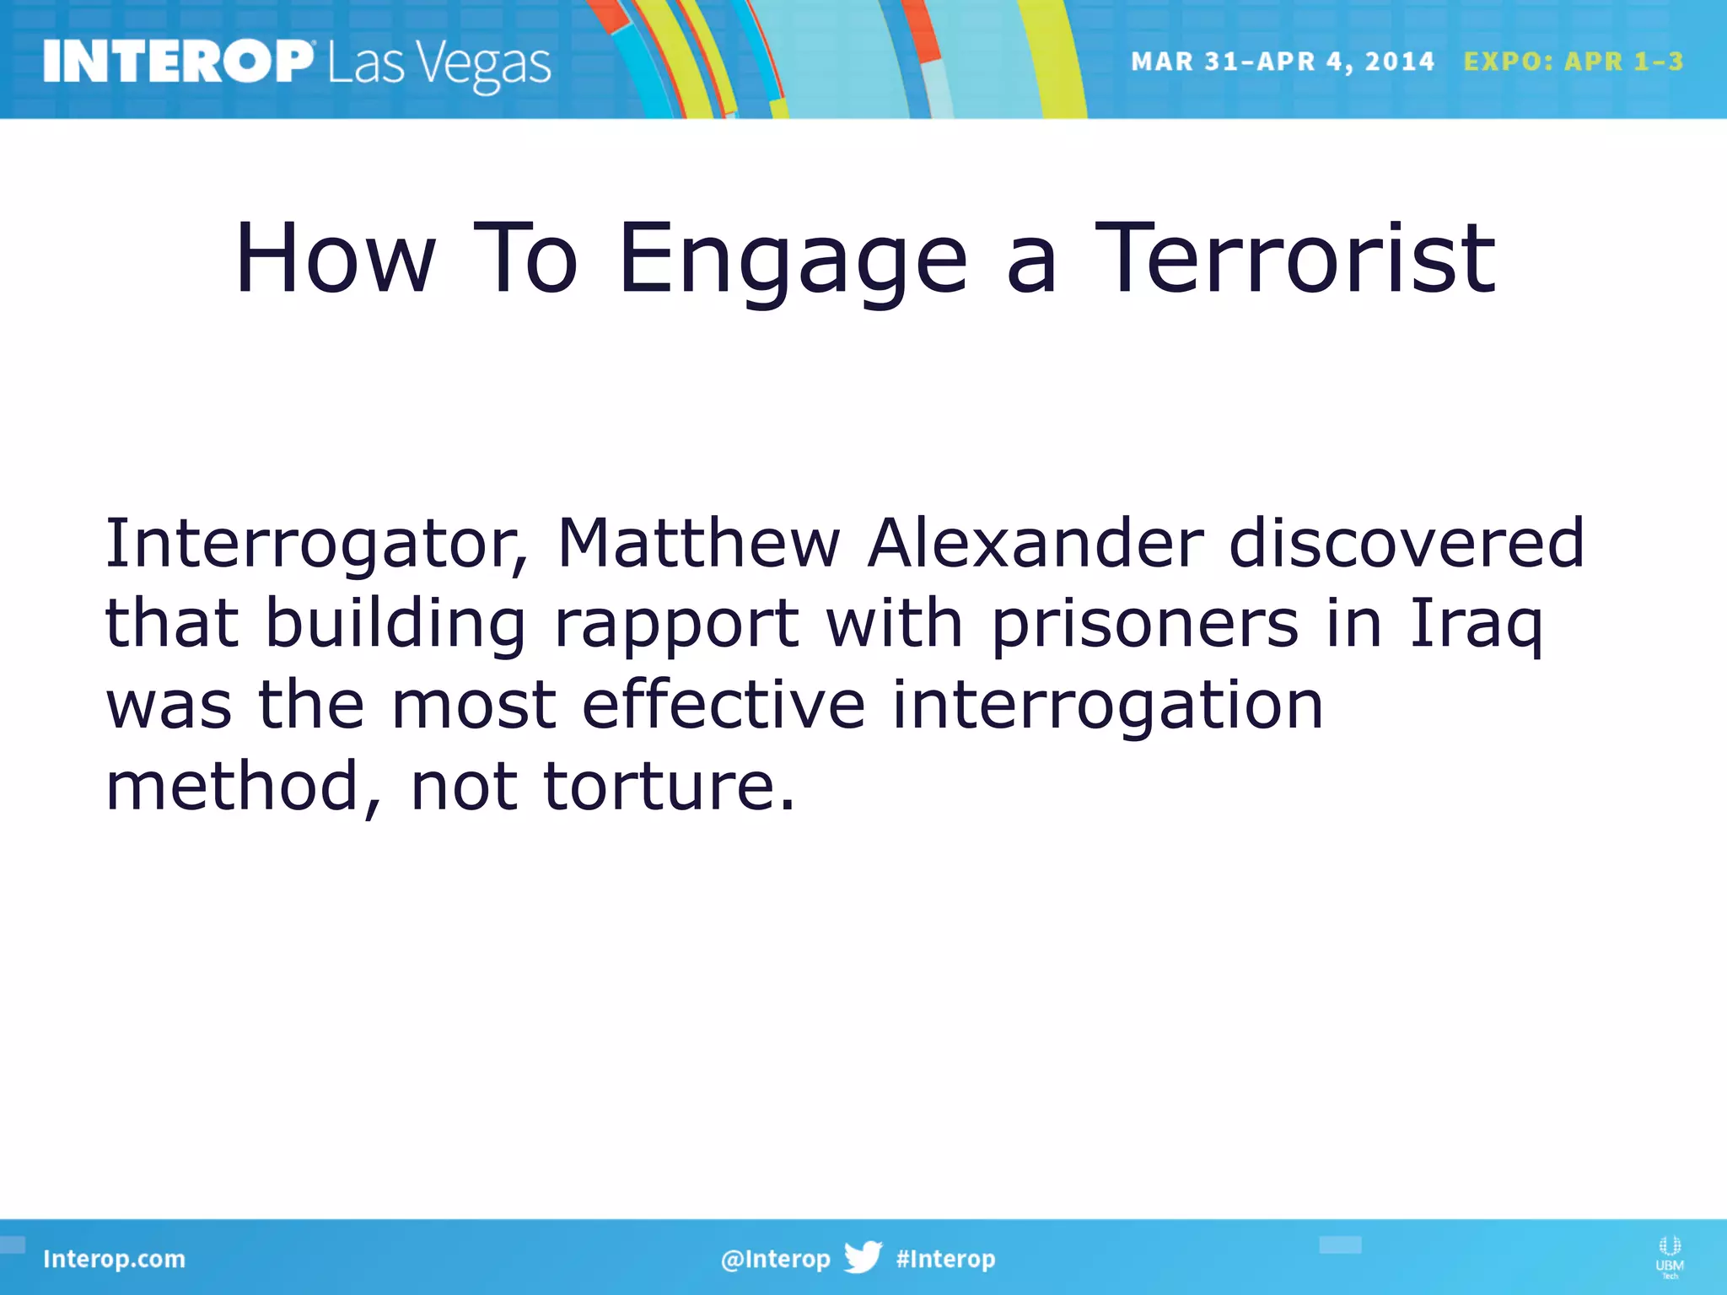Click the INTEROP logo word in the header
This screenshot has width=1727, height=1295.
pyautogui.click(x=177, y=62)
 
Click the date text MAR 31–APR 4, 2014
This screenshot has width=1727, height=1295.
pyautogui.click(x=1282, y=62)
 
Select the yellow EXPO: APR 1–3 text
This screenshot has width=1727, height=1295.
pyautogui.click(x=1573, y=62)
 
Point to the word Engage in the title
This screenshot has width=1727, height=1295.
pyautogui.click(x=793, y=261)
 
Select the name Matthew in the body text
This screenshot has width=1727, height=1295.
pyautogui.click(x=698, y=544)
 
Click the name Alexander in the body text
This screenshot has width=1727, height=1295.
pyautogui.click(x=1036, y=544)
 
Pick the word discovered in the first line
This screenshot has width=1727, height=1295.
pyautogui.click(x=1407, y=544)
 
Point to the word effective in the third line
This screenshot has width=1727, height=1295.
pyautogui.click(x=723, y=705)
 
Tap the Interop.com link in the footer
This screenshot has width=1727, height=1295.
pyautogui.click(x=114, y=1259)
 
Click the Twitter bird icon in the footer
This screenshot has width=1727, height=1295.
pyautogui.click(x=863, y=1257)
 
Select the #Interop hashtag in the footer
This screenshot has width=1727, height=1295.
pyautogui.click(x=945, y=1259)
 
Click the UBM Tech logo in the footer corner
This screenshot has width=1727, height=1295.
pyautogui.click(x=1669, y=1257)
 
